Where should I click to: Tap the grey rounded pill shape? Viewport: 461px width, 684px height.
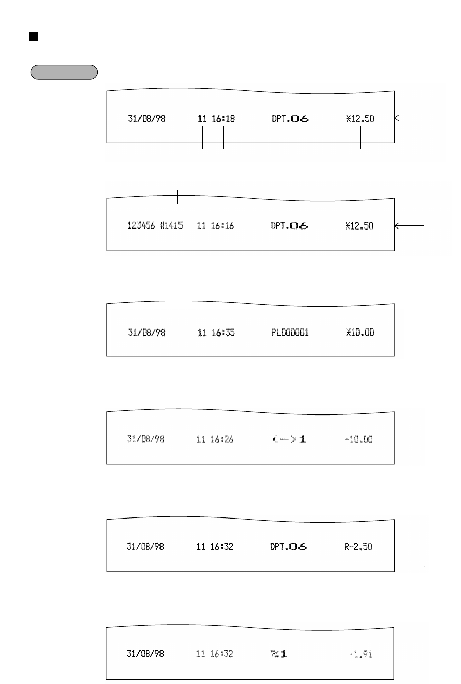click(x=64, y=72)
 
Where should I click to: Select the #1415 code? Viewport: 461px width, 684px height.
click(x=171, y=226)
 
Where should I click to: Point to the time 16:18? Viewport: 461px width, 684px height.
click(x=225, y=119)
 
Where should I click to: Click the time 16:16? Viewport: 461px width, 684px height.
click(x=224, y=226)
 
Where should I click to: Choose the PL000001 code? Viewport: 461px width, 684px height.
click(x=290, y=333)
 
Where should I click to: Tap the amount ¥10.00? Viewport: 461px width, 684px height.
click(x=360, y=333)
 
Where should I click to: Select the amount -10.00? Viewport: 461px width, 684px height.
click(x=359, y=440)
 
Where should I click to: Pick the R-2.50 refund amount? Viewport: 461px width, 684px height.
click(x=358, y=547)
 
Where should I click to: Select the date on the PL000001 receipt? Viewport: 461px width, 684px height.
click(x=146, y=333)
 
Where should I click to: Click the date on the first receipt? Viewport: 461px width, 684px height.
click(x=146, y=119)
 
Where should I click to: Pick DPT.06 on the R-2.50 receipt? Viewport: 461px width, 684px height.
click(x=289, y=547)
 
